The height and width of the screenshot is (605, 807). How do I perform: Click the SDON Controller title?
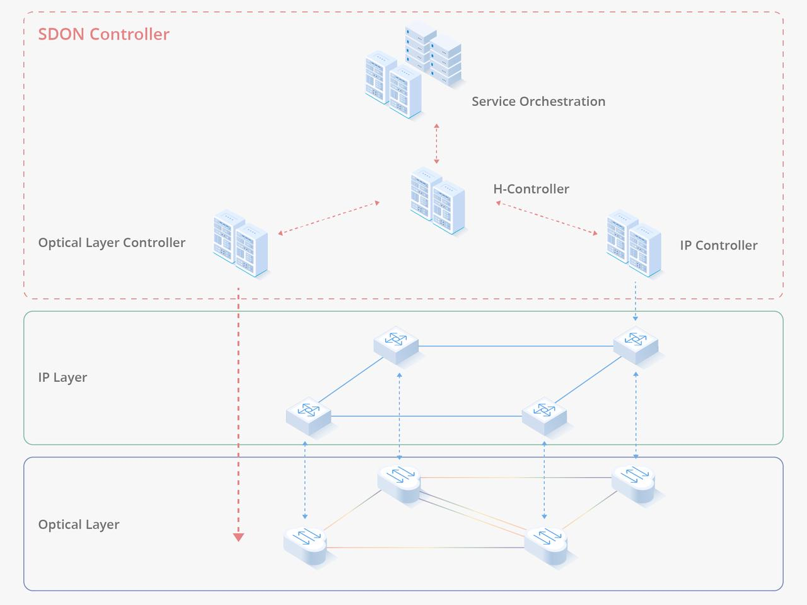[x=103, y=34]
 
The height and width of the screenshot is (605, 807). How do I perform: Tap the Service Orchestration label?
[x=538, y=101]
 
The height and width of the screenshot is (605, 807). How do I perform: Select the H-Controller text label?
[x=531, y=189]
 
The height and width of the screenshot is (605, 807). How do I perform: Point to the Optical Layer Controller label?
[x=112, y=243]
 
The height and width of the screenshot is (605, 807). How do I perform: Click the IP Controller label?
[x=718, y=246]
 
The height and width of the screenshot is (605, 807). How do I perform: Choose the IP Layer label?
[x=62, y=377]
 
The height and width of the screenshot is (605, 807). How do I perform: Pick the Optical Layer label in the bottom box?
[x=79, y=524]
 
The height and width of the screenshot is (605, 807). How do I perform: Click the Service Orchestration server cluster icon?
[x=413, y=69]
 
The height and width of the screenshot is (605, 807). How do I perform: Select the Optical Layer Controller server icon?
[x=241, y=245]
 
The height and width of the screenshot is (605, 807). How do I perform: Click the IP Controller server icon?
[x=634, y=245]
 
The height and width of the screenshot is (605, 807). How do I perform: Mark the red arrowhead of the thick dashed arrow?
[x=238, y=537]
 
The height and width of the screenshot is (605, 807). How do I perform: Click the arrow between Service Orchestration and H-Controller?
[x=436, y=144]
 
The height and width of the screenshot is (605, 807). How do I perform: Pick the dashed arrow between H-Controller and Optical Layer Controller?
[x=329, y=218]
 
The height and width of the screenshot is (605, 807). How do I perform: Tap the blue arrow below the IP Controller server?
[x=635, y=301]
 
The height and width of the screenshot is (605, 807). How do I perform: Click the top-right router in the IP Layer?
[x=636, y=345]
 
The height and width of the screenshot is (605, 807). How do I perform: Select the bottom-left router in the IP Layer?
[x=308, y=415]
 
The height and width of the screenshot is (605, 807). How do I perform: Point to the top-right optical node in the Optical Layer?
[x=634, y=483]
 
